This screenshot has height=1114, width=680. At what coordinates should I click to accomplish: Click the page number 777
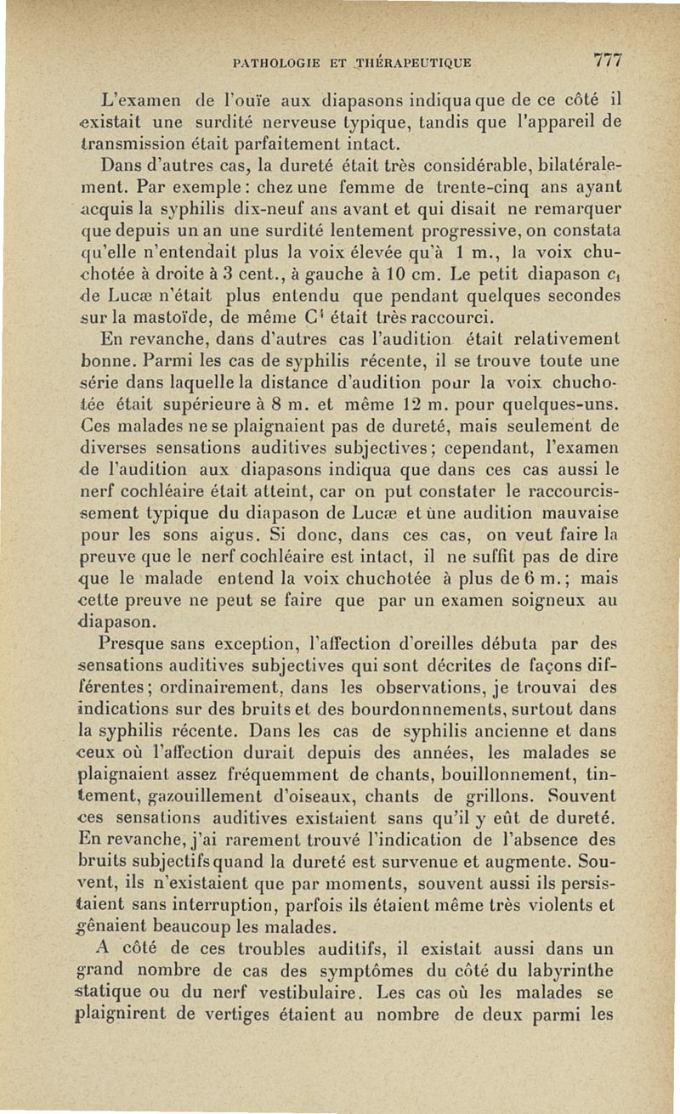609,60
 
